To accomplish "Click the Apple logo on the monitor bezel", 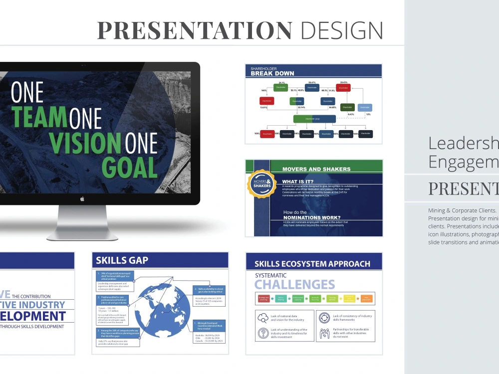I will [x=82, y=198].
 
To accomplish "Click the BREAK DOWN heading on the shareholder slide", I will [x=272, y=73].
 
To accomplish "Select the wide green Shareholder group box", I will [x=314, y=119].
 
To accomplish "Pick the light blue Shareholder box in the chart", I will [x=365, y=107].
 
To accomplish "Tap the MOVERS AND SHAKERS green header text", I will [x=316, y=169].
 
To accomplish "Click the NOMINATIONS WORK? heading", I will [x=312, y=217].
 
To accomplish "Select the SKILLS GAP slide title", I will [x=122, y=260].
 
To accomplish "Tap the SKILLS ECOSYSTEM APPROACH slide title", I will [x=312, y=264].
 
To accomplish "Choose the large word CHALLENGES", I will [x=294, y=285].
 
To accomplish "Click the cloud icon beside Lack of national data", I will [x=263, y=317].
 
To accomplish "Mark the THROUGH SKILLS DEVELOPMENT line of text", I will [x=32, y=327].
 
